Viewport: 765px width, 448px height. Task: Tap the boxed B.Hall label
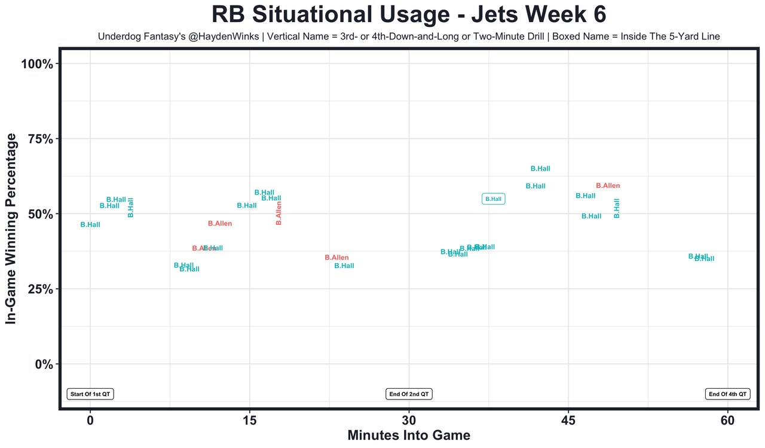tap(494, 199)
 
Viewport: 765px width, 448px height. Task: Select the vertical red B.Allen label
tap(279, 213)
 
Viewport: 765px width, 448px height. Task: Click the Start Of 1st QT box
tap(90, 394)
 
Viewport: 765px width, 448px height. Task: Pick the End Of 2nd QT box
tap(409, 394)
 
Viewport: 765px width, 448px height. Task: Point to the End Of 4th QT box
tap(727, 394)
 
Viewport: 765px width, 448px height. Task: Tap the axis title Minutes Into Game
tap(409, 435)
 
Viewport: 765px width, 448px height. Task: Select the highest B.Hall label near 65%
tap(540, 169)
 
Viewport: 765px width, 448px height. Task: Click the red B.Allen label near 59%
tap(608, 186)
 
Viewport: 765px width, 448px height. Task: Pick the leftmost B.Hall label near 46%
tap(90, 225)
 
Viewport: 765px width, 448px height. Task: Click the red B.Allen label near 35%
tap(336, 258)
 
